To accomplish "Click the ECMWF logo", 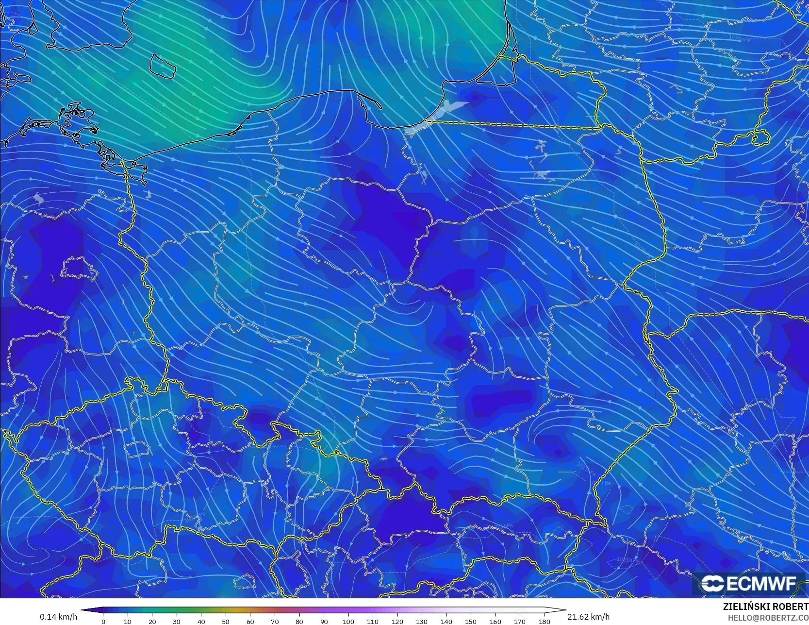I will [x=749, y=583].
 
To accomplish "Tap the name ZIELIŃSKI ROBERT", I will [x=765, y=607].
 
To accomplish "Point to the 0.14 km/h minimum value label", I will [x=58, y=617].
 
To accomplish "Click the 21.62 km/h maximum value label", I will [x=588, y=617].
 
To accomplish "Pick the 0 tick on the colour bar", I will [x=103, y=621].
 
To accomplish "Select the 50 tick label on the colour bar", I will [x=226, y=621].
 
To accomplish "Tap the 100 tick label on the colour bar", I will [x=348, y=621].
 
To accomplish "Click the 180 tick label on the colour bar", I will [x=544, y=621].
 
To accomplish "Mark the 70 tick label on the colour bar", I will [x=275, y=621].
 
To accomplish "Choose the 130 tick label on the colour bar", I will [x=422, y=621].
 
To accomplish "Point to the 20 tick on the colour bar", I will [x=152, y=621].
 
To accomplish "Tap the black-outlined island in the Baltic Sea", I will [x=162, y=66].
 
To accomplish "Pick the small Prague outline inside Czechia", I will [x=136, y=449].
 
